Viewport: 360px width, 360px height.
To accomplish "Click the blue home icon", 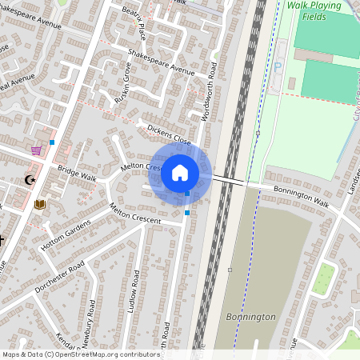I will [180, 172].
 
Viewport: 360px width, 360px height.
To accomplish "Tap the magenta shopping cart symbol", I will [36, 150].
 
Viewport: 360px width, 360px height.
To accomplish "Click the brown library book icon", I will [40, 204].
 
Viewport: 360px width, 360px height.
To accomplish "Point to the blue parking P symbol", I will [278, 67].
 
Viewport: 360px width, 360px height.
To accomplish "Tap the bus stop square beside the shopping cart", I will [52, 142].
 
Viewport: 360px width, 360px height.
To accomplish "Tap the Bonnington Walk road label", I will [301, 196].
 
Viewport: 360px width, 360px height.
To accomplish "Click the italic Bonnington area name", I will [250, 317].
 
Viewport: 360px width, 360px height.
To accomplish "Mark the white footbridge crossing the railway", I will [230, 180].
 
